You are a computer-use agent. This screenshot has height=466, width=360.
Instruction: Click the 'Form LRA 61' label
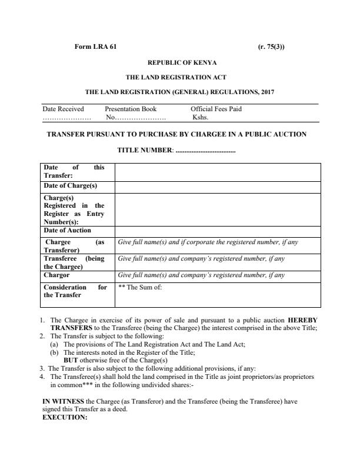(95, 46)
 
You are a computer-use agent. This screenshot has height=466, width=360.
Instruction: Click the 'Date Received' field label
(64, 109)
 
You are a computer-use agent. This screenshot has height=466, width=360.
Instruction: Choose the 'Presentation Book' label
(131, 109)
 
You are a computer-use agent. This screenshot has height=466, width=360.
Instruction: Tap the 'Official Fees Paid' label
(216, 109)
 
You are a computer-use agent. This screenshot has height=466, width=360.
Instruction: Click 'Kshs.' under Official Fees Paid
(201, 116)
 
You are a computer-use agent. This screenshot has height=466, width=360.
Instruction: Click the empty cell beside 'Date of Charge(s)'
(217, 187)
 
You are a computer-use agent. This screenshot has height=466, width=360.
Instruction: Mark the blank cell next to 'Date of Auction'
(217, 231)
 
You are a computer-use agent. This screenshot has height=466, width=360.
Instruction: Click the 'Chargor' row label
(56, 275)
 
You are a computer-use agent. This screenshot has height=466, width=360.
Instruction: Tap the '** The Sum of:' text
(140, 287)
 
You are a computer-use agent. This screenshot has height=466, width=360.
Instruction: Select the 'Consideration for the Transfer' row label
(75, 291)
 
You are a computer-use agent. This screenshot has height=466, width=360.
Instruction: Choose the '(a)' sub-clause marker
(54, 344)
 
